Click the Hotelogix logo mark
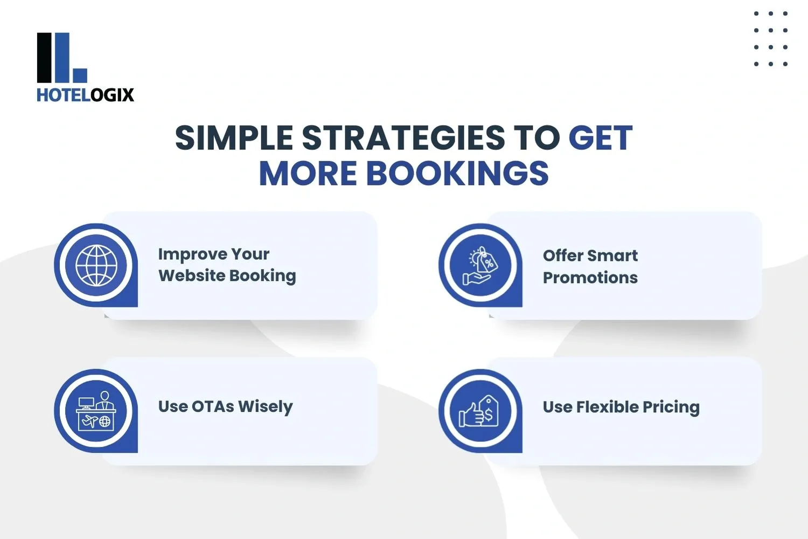pyautogui.click(x=61, y=58)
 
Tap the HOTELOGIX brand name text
pyautogui.click(x=85, y=95)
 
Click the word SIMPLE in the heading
pyautogui.click(x=234, y=138)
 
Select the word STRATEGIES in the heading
pyautogui.click(x=403, y=138)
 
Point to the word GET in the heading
pyautogui.click(x=600, y=138)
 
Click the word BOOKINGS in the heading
pyautogui.click(x=457, y=174)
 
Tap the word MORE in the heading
pyautogui.click(x=308, y=174)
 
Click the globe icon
pyautogui.click(x=96, y=265)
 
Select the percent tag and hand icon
pyautogui.click(x=480, y=266)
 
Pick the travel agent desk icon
pyautogui.click(x=96, y=411)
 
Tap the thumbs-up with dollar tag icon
pyautogui.click(x=479, y=411)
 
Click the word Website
pyautogui.click(x=192, y=275)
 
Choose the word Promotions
pyautogui.click(x=590, y=278)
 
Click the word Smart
pyautogui.click(x=612, y=255)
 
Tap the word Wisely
pyautogui.click(x=266, y=407)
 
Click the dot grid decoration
pyautogui.click(x=771, y=39)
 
